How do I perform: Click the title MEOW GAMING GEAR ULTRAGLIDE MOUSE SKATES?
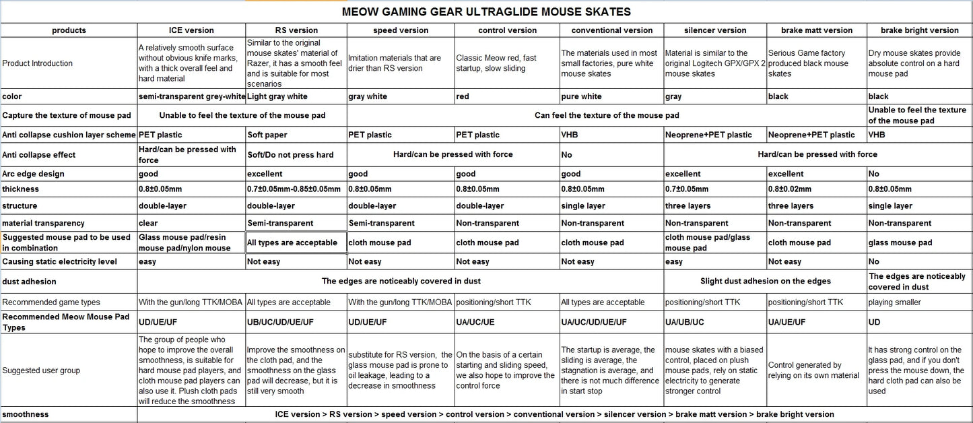[x=486, y=11]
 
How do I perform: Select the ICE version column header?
[x=191, y=30]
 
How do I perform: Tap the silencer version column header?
[x=714, y=30]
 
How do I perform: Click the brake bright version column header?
[x=920, y=30]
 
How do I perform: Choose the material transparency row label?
[x=42, y=223]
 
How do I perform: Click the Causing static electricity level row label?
[x=60, y=261]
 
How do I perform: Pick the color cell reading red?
[x=463, y=96]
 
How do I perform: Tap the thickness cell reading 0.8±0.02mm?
[x=790, y=189]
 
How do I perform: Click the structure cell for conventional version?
[x=583, y=206]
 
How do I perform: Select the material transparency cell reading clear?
[x=148, y=223]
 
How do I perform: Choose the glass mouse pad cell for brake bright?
[x=900, y=242]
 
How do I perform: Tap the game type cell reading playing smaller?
[x=895, y=302]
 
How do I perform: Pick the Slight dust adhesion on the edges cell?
[x=766, y=281]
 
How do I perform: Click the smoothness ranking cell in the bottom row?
[x=554, y=414]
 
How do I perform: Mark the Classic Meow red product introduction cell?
[x=496, y=63]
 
